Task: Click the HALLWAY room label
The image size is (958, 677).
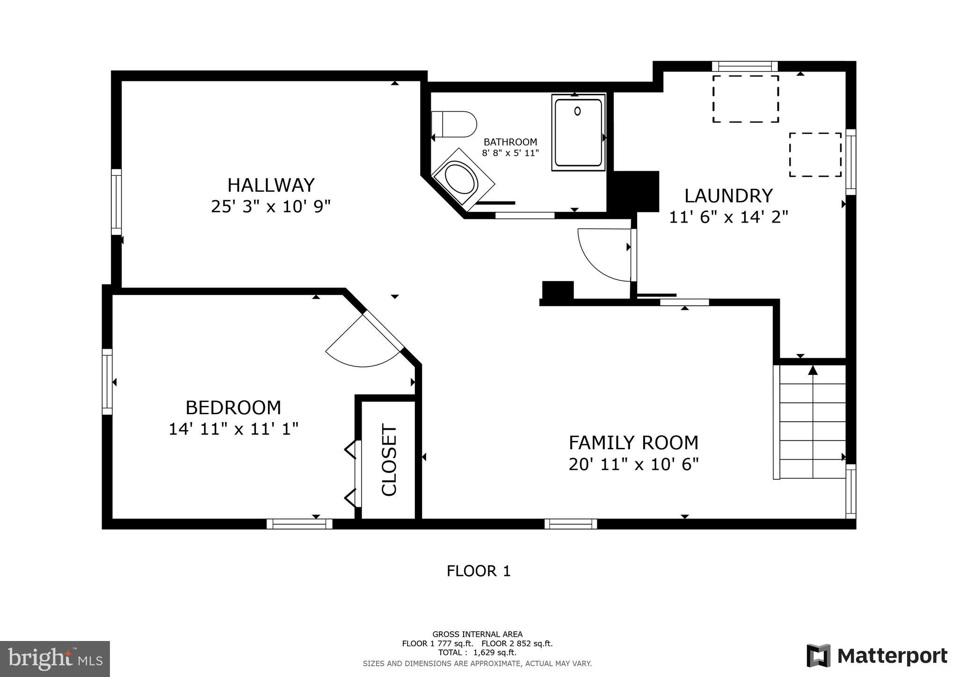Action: pyautogui.click(x=271, y=185)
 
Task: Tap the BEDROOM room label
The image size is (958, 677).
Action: pyautogui.click(x=233, y=408)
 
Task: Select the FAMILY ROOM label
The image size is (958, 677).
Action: pyautogui.click(x=633, y=443)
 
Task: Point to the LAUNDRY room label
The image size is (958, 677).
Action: pyautogui.click(x=728, y=196)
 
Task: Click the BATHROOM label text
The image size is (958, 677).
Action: pyautogui.click(x=510, y=142)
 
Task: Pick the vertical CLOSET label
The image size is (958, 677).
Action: pyautogui.click(x=389, y=460)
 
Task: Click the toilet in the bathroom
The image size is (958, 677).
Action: pyautogui.click(x=454, y=124)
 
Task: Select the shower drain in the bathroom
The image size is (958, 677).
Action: pyautogui.click(x=578, y=111)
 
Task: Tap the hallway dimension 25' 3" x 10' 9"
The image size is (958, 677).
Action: pyautogui.click(x=271, y=206)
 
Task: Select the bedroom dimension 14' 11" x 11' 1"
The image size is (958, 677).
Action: pyautogui.click(x=233, y=429)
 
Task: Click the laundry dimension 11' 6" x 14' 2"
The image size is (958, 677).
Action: pyautogui.click(x=728, y=217)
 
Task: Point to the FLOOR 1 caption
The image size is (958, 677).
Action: pyautogui.click(x=479, y=571)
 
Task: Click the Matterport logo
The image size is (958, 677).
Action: pyautogui.click(x=877, y=656)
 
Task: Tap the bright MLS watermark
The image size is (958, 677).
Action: pyautogui.click(x=55, y=659)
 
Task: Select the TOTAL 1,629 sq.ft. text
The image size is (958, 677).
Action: pyautogui.click(x=477, y=653)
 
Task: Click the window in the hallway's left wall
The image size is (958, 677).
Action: pyautogui.click(x=116, y=202)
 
